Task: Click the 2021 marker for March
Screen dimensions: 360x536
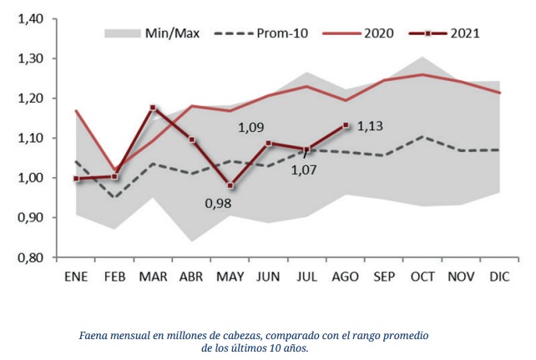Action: tap(153, 108)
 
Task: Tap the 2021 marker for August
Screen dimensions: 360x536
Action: tap(346, 125)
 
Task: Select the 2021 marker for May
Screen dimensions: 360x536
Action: tap(230, 185)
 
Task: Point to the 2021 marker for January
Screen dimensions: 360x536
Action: tap(76, 178)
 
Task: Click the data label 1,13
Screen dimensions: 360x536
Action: tap(371, 127)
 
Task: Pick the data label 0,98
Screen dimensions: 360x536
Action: tap(219, 203)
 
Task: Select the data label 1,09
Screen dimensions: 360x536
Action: tap(252, 129)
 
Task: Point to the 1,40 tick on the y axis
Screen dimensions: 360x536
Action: tap(32, 19)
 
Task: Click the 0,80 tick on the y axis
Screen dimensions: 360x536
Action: tap(32, 257)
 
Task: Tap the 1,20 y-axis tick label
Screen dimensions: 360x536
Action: tap(32, 99)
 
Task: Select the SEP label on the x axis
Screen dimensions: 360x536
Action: tap(384, 276)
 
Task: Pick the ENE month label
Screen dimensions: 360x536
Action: tap(76, 276)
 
